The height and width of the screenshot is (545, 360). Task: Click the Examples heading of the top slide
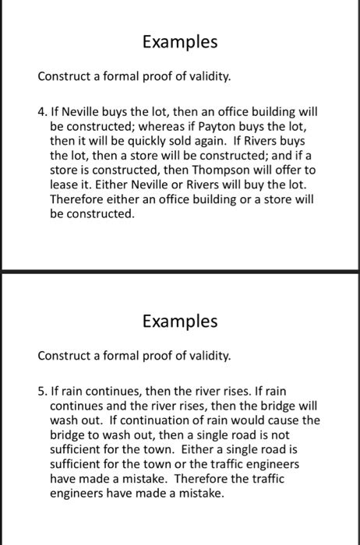[x=179, y=42]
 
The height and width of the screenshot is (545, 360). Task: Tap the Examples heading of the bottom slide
[x=179, y=321]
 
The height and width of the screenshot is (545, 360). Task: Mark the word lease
[x=64, y=185]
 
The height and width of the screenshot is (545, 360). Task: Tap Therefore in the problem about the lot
[x=76, y=199]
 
